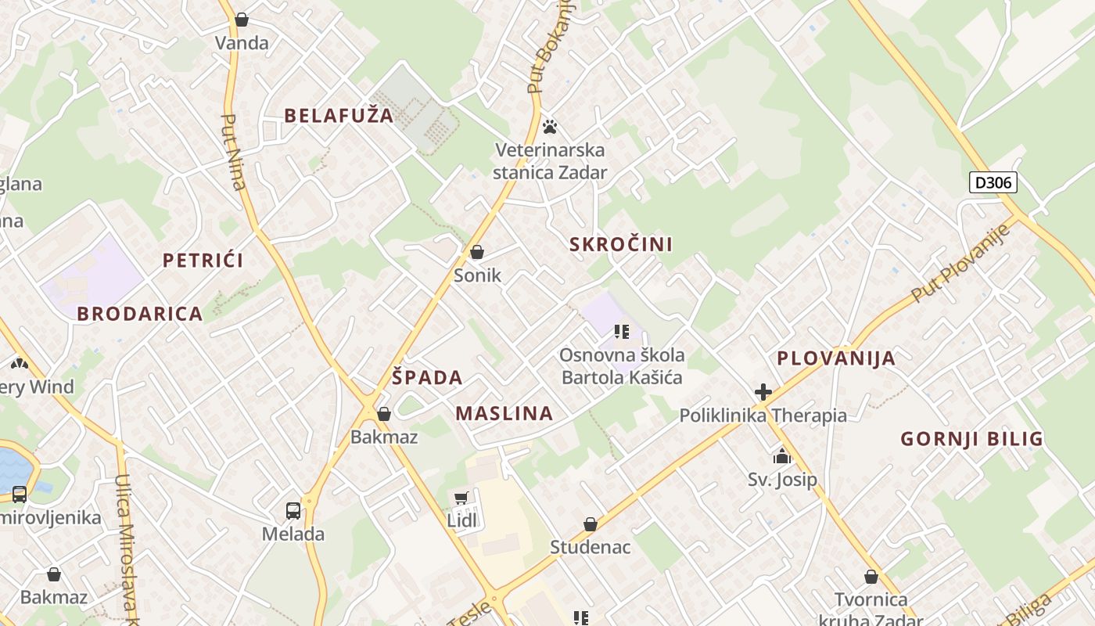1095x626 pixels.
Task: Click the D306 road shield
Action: click(x=993, y=183)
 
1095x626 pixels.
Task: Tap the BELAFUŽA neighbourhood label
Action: click(x=339, y=116)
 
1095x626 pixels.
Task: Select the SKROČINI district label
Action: click(x=621, y=244)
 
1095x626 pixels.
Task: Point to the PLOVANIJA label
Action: click(x=835, y=358)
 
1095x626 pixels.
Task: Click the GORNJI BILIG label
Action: click(x=971, y=438)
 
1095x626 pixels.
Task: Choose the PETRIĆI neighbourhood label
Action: click(x=203, y=261)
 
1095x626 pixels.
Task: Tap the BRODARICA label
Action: click(x=140, y=314)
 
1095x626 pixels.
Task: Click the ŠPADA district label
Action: click(x=427, y=377)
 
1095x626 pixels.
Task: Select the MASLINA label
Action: click(x=504, y=413)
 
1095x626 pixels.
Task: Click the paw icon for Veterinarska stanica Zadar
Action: click(x=550, y=126)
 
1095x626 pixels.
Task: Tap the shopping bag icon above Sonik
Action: click(x=477, y=252)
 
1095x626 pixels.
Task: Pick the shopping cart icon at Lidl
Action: click(x=461, y=498)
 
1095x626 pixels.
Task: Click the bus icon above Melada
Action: click(x=293, y=511)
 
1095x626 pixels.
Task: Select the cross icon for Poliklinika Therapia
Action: click(x=763, y=392)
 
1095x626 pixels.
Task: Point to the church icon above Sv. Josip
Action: click(x=782, y=456)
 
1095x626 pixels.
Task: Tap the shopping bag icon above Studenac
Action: click(x=591, y=524)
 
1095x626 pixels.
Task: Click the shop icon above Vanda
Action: click(x=242, y=19)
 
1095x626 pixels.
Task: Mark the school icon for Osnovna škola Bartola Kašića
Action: click(x=622, y=332)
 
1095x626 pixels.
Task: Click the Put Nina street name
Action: click(x=233, y=153)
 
